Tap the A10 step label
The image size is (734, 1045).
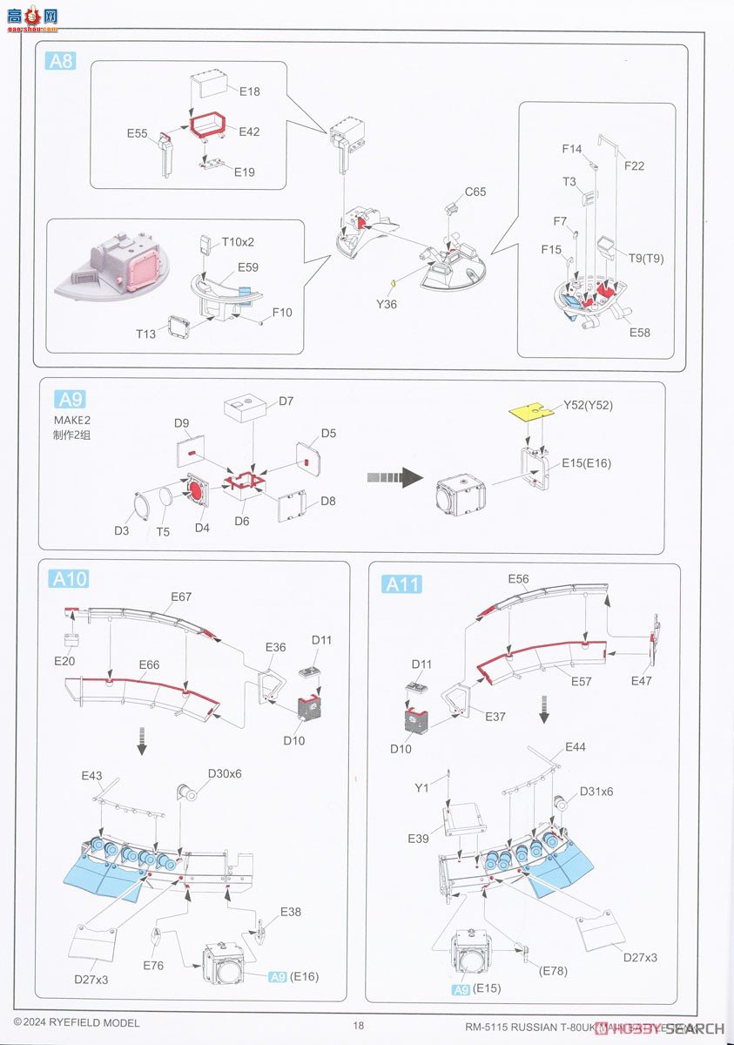tap(69, 578)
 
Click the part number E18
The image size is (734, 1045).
tap(249, 91)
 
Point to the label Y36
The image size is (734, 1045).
tap(387, 304)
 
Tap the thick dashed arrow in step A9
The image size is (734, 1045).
tap(394, 476)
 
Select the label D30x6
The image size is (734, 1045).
tap(224, 773)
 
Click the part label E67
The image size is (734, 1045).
tap(181, 597)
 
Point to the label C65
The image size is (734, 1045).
tap(475, 192)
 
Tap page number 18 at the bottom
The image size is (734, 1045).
tap(359, 1025)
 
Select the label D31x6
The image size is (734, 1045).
tap(596, 791)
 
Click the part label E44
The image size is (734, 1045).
tap(575, 747)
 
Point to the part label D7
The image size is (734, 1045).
tap(286, 401)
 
